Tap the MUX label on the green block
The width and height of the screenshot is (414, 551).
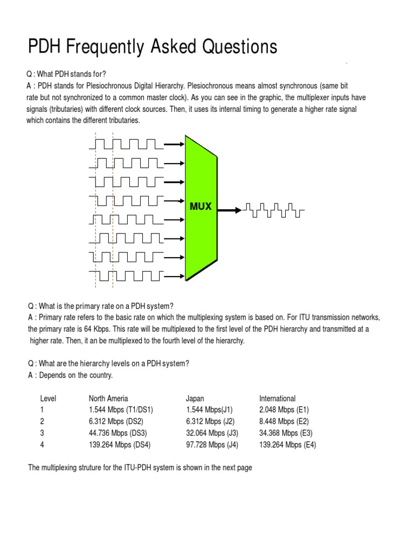(200, 206)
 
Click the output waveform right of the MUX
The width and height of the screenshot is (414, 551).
(274, 210)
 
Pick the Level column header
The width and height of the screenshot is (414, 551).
(48, 399)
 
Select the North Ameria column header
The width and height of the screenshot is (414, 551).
(108, 399)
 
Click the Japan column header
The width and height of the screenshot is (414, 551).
(195, 399)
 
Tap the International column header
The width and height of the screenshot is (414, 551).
(277, 399)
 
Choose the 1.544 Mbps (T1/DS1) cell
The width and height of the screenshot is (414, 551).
(118, 410)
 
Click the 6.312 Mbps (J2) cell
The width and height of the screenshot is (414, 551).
(210, 421)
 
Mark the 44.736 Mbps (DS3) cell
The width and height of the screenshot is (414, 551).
(118, 433)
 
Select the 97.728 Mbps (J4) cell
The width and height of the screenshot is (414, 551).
(212, 445)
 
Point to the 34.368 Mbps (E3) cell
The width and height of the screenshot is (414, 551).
(286, 433)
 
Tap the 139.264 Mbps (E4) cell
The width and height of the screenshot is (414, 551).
(288, 445)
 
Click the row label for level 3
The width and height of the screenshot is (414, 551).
(42, 433)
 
